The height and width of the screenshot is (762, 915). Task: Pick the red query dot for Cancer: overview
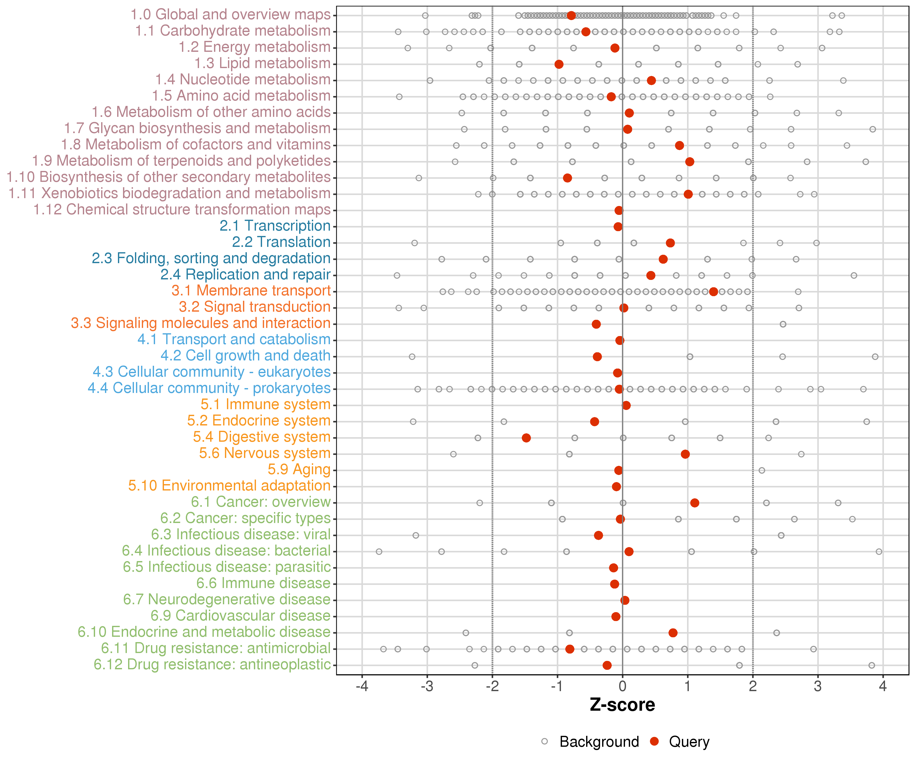(695, 503)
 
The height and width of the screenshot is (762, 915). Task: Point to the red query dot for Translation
(670, 243)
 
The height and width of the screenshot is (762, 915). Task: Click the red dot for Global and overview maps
(571, 16)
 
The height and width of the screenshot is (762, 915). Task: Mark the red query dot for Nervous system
(685, 454)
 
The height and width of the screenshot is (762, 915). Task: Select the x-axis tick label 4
(883, 687)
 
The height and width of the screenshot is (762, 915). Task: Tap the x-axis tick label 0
(622, 687)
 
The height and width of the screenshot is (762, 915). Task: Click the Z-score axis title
(622, 705)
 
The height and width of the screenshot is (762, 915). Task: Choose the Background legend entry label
(599, 741)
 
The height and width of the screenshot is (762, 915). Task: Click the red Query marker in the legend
(654, 741)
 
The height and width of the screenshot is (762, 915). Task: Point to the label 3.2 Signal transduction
(254, 307)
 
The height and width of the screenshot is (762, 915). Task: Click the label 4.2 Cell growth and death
(245, 356)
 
